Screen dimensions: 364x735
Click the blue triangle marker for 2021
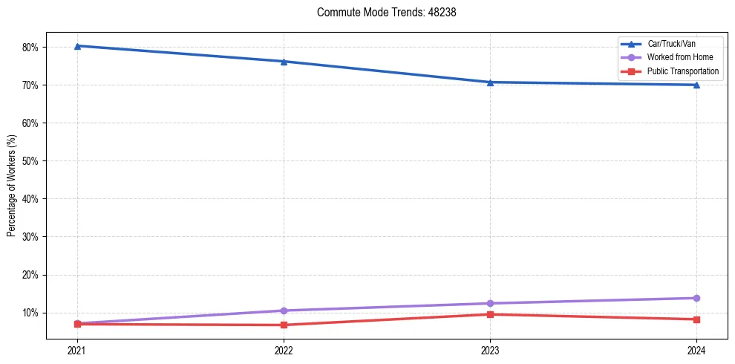pos(77,46)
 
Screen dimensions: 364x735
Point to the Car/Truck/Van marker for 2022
pos(284,62)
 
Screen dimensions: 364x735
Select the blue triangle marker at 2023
pos(490,82)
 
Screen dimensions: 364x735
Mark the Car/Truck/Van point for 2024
pos(696,85)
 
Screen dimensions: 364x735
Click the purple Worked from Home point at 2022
pos(284,311)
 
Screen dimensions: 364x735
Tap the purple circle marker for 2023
pos(490,303)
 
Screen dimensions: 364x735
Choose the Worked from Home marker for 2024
pos(696,298)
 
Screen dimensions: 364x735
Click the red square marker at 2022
pos(284,325)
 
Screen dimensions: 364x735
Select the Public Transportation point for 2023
pos(490,314)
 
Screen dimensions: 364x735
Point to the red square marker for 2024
pos(696,319)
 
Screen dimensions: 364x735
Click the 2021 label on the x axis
pos(77,350)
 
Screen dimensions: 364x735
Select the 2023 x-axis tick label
pos(490,350)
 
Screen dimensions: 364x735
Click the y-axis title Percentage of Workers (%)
pos(11,186)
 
